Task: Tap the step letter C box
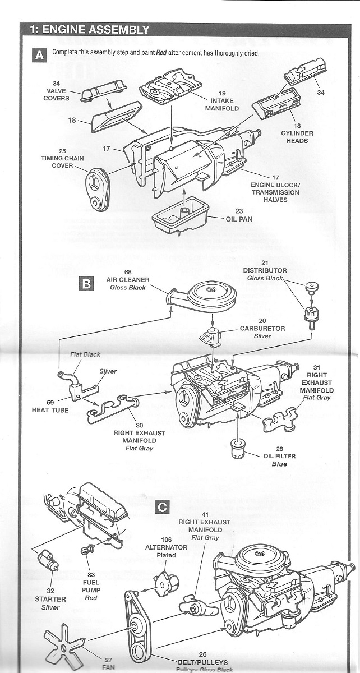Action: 162,508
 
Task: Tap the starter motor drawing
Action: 47,559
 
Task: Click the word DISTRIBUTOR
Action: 265,270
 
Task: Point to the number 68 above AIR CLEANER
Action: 128,271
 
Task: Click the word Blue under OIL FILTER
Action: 279,464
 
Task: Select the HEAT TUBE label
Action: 50,410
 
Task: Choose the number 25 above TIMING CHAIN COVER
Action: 62,151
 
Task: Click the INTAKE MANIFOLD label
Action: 222,104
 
